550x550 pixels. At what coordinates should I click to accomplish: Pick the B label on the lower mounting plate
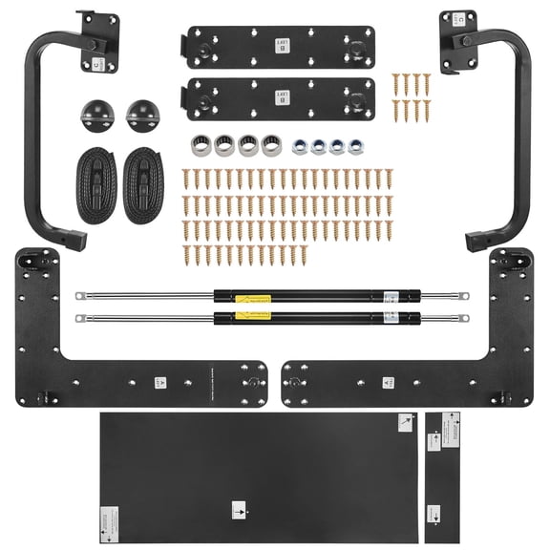(281, 95)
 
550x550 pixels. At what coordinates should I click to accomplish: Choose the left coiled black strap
(93, 183)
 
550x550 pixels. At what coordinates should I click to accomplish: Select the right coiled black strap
(143, 183)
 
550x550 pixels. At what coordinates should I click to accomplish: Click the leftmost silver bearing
(200, 145)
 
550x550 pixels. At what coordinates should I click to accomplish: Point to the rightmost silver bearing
(271, 145)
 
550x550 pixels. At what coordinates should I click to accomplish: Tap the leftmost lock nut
(299, 146)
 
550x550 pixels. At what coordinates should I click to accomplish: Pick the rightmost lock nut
(356, 146)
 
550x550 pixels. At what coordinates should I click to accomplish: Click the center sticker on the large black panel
(239, 508)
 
